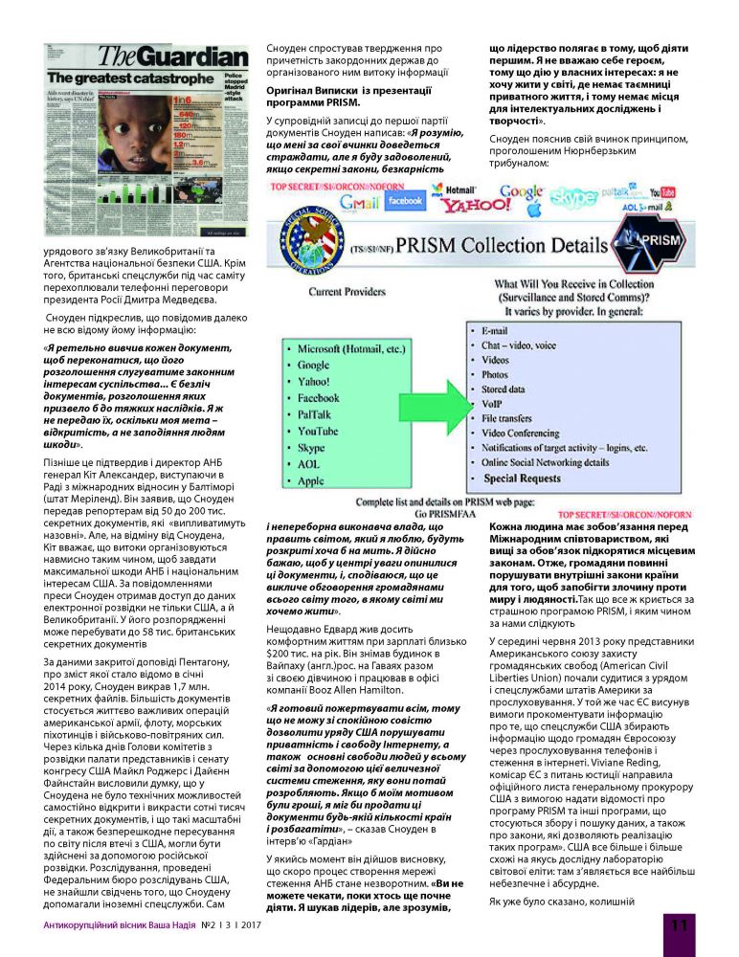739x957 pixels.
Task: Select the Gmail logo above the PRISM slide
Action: pos(359,202)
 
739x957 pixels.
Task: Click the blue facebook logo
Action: pos(405,201)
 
